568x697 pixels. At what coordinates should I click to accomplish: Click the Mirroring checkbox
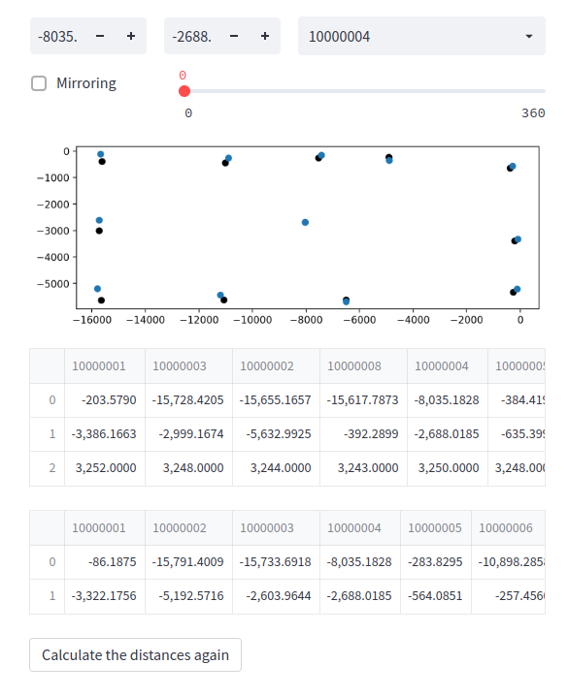tap(39, 83)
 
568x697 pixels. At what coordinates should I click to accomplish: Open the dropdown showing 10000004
tap(421, 37)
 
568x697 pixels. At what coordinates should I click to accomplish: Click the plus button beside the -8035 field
tap(130, 37)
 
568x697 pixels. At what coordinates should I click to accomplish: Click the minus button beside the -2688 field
tap(234, 37)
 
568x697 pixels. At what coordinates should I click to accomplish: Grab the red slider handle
tap(184, 91)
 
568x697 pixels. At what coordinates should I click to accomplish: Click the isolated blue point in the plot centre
tap(305, 222)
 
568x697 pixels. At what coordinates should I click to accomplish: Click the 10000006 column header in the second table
tap(506, 527)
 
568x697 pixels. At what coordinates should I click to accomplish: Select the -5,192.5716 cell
tap(190, 595)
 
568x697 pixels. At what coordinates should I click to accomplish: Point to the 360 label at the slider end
tap(533, 113)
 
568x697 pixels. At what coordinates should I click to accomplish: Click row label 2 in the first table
tap(50, 467)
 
